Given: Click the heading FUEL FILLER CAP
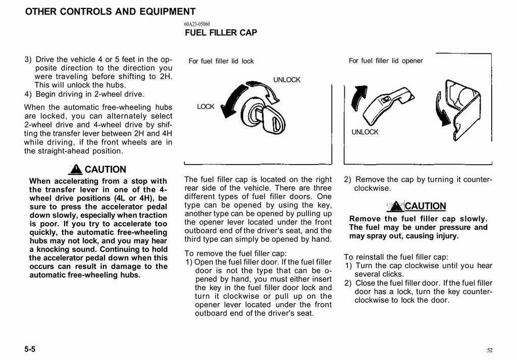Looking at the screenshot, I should (x=221, y=33).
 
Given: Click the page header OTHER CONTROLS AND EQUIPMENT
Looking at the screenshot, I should (x=110, y=12).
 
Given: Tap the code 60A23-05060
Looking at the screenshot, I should (x=197, y=24).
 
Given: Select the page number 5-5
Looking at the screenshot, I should (x=32, y=349).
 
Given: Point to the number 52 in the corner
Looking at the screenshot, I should (x=490, y=350).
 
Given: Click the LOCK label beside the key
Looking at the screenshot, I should (x=206, y=107).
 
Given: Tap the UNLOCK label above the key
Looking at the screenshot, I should (x=287, y=80).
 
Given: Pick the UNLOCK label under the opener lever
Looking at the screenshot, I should (x=365, y=132).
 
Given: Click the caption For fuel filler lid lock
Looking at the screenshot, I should (x=221, y=62).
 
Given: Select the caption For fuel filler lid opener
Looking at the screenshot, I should (x=386, y=61).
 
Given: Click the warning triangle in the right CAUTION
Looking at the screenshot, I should (x=397, y=206).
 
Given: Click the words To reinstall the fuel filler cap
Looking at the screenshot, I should (x=396, y=256).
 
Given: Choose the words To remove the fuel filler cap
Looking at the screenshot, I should (x=236, y=253).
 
